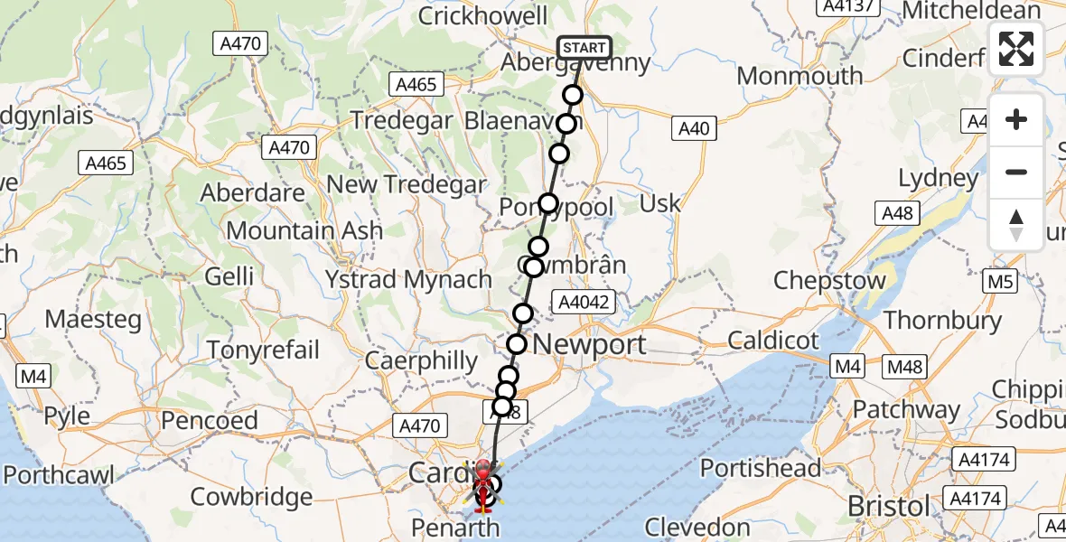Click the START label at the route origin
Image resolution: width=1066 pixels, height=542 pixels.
pyautogui.click(x=584, y=48)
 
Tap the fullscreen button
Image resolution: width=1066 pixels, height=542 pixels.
pyautogui.click(x=1016, y=49)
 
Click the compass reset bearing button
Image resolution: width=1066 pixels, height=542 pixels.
pyautogui.click(x=1016, y=225)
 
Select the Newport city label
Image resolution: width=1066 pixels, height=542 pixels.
pyautogui.click(x=590, y=344)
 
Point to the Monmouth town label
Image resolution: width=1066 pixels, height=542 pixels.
pyautogui.click(x=800, y=76)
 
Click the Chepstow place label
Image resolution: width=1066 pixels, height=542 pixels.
pyautogui.click(x=830, y=280)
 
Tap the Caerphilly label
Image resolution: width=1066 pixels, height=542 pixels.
pyautogui.click(x=422, y=360)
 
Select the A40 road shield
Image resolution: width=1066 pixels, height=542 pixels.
pyautogui.click(x=694, y=129)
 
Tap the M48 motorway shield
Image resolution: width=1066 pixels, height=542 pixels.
pyautogui.click(x=904, y=366)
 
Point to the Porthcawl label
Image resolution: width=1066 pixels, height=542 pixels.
pyautogui.click(x=58, y=475)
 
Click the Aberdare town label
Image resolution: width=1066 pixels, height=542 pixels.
pyautogui.click(x=252, y=192)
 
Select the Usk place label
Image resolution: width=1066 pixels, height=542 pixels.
pyautogui.click(x=659, y=203)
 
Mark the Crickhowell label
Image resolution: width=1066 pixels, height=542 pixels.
pyautogui.click(x=483, y=16)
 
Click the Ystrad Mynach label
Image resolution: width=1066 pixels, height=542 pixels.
pyautogui.click(x=409, y=279)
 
